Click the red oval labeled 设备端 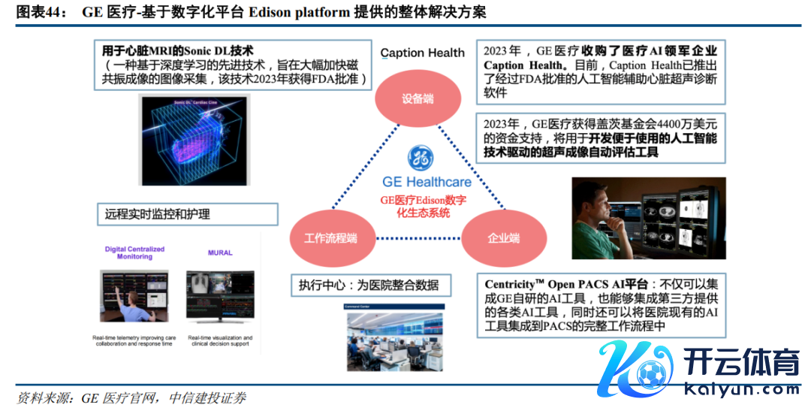(418, 98)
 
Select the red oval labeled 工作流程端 (330, 237)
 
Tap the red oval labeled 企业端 (503, 237)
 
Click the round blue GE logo (420, 159)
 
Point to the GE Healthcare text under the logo (427, 182)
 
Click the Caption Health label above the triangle (423, 53)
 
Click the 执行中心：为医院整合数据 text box (374, 286)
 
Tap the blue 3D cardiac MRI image (195, 141)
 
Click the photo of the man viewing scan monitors (649, 218)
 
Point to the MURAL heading (220, 253)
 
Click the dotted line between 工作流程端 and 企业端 (417, 238)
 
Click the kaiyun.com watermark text (743, 389)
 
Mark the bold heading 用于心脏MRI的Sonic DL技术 (178, 51)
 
